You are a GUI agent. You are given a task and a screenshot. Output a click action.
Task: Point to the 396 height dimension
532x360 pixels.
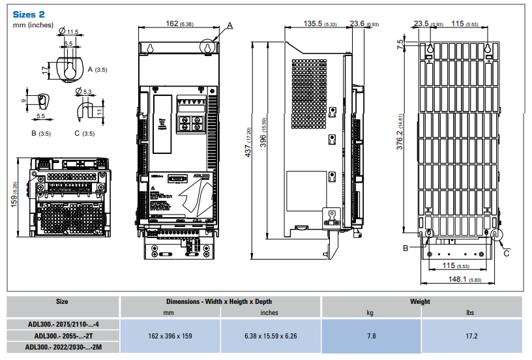(263, 142)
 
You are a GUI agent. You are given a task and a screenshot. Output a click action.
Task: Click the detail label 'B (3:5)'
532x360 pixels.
(41, 134)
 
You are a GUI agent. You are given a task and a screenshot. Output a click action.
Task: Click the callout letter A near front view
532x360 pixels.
(230, 25)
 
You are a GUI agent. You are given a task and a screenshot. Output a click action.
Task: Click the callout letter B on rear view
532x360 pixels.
(405, 248)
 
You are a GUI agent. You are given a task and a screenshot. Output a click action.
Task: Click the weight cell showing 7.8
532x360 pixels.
(370, 336)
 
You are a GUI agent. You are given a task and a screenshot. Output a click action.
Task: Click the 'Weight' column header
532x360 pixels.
(420, 302)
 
